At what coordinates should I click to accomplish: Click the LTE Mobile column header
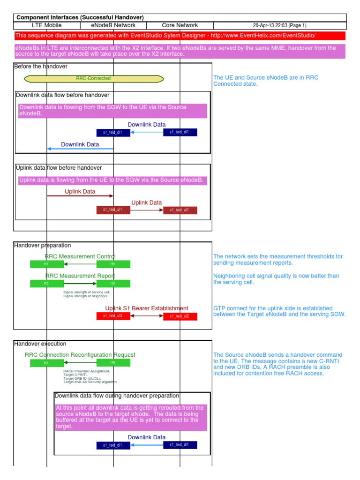click(x=46, y=25)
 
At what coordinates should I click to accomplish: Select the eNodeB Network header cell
click(x=113, y=25)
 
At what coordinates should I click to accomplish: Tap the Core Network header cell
click(x=180, y=25)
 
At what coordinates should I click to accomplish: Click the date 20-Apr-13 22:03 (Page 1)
click(x=279, y=25)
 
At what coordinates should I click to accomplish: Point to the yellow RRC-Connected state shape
click(x=94, y=79)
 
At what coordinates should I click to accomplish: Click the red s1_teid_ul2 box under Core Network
click(x=180, y=316)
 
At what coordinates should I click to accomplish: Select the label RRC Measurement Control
click(x=80, y=256)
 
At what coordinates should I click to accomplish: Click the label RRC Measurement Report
click(x=80, y=276)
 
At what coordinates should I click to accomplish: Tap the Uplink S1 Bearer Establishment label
click(x=147, y=308)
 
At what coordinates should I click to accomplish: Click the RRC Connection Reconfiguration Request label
click(x=80, y=355)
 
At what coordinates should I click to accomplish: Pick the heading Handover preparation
click(x=43, y=245)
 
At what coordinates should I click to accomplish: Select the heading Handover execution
click(x=41, y=344)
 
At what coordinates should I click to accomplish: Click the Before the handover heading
click(x=41, y=67)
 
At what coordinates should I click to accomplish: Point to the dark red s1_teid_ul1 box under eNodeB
click(x=113, y=210)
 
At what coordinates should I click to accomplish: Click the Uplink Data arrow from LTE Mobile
click(x=80, y=195)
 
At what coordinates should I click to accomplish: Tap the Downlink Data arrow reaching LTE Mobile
click(x=80, y=149)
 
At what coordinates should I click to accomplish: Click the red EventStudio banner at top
click(x=180, y=36)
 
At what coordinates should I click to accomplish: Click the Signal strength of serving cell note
click(x=87, y=294)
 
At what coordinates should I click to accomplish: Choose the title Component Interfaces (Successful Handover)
click(x=80, y=17)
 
